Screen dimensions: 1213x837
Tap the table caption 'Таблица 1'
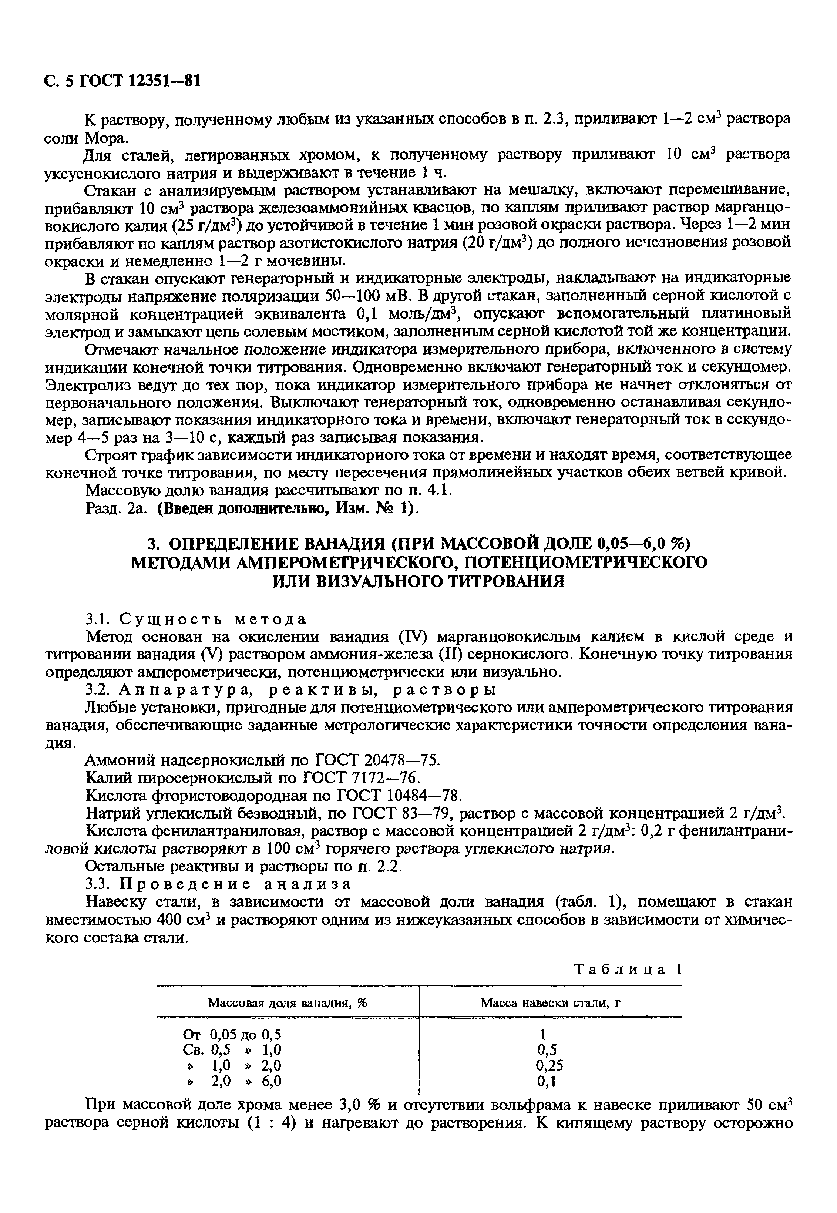click(x=628, y=969)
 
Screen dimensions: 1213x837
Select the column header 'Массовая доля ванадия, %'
click(x=288, y=1003)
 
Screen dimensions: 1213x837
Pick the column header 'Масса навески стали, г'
click(x=550, y=1003)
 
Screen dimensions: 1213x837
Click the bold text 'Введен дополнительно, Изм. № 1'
click(x=286, y=509)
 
